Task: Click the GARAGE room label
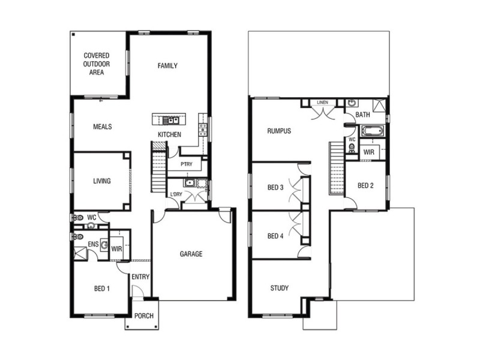[x=191, y=254]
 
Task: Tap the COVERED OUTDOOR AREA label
[x=97, y=64]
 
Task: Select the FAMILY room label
[x=167, y=65]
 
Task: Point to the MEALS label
[x=102, y=127]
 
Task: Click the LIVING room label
[x=101, y=181]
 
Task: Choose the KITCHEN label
[x=169, y=134]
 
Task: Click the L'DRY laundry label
[x=176, y=194]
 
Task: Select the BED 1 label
[x=101, y=289]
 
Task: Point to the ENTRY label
[x=140, y=277]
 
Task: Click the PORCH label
[x=143, y=316]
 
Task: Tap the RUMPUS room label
[x=279, y=130]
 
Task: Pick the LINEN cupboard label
[x=323, y=103]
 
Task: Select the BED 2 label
[x=365, y=185]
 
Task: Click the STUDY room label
[x=279, y=288]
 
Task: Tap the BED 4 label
[x=275, y=235]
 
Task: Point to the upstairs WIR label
[x=369, y=152]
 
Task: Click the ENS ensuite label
[x=93, y=244]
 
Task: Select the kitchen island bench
[x=169, y=117]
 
